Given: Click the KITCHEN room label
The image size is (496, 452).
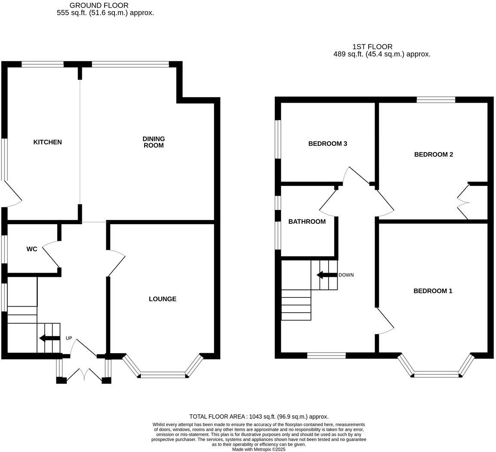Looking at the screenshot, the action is pyautogui.click(x=47, y=142).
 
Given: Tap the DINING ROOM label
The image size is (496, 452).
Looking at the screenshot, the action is pyautogui.click(x=154, y=142).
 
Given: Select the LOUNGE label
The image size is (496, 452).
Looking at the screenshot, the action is pyautogui.click(x=163, y=299).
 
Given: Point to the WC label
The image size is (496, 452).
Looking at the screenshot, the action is pyautogui.click(x=31, y=249).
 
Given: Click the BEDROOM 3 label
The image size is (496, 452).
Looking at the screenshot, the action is pyautogui.click(x=328, y=144).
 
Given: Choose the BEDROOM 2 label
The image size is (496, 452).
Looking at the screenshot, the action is pyautogui.click(x=434, y=154).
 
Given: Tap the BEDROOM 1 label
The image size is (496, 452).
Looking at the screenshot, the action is pyautogui.click(x=433, y=291).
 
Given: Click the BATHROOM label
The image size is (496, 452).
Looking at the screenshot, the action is pyautogui.click(x=307, y=222).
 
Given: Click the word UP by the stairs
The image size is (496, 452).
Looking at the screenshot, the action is pyautogui.click(x=68, y=338).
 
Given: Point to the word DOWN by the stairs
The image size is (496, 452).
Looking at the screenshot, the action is pyautogui.click(x=346, y=275).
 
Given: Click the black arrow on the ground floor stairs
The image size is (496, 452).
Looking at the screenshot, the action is pyautogui.click(x=50, y=339).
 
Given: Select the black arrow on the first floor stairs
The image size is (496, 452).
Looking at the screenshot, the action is pyautogui.click(x=327, y=275).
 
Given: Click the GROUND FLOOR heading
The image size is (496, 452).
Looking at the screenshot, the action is pyautogui.click(x=99, y=5).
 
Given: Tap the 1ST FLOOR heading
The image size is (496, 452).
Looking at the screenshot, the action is pyautogui.click(x=372, y=47).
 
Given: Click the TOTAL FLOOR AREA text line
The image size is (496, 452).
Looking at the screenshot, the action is pyautogui.click(x=259, y=417).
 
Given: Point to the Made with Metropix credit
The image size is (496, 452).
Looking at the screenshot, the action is pyautogui.click(x=259, y=449).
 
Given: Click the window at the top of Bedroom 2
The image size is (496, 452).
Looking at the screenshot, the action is pyautogui.click(x=436, y=100).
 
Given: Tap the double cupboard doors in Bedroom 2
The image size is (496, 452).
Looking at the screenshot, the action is pyautogui.click(x=463, y=201).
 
